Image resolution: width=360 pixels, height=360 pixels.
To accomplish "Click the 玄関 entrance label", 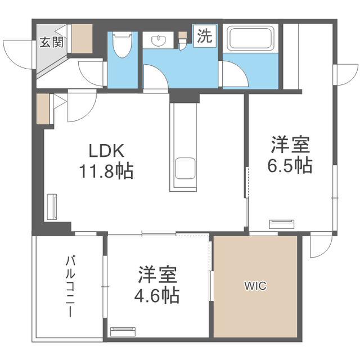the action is click(x=52, y=42).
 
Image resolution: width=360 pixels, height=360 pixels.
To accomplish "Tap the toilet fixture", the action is click(x=123, y=44).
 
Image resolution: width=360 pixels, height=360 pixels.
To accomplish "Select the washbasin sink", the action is click(x=159, y=40).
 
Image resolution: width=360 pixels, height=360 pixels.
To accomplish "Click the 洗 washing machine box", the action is click(x=205, y=36).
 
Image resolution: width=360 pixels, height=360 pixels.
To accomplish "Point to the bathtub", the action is click(x=250, y=38).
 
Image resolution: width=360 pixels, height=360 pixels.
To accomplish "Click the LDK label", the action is click(x=106, y=150).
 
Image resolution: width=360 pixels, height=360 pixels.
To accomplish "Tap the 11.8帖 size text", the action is click(x=106, y=170).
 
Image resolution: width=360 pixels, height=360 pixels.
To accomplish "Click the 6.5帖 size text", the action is click(x=290, y=165).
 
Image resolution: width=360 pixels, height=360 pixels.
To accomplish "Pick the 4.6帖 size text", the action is click(x=157, y=295).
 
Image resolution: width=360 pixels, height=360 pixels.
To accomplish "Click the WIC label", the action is click(x=255, y=286).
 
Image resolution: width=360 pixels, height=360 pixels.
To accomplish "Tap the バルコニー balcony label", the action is click(x=70, y=287).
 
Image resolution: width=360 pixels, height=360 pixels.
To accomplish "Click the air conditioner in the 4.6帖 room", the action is click(x=123, y=332).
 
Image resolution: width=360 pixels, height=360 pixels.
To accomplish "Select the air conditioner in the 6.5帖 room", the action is click(x=282, y=224).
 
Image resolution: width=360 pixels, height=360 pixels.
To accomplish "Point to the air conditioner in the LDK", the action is click(x=52, y=207).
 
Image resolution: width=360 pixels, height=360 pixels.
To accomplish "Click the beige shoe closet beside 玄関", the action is click(x=82, y=39).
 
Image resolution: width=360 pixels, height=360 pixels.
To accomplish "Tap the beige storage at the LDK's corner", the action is click(x=43, y=109).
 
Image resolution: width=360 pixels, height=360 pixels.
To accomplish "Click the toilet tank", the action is click(x=123, y=34).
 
